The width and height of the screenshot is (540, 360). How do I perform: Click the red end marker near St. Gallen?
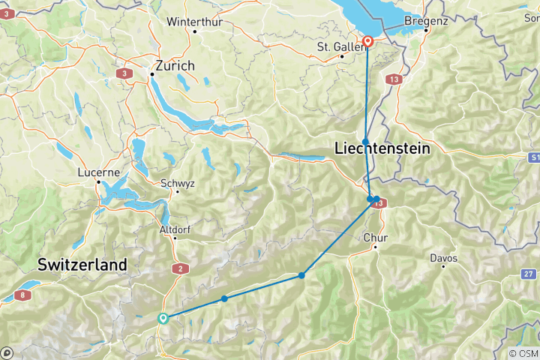pos(367,42)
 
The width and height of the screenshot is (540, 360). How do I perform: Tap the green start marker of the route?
pos(163,318)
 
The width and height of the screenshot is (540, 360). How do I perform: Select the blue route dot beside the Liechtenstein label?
pos(365,142)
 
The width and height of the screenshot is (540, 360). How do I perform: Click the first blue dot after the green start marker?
pos(224,299)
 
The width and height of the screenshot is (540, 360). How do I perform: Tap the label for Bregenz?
pos(426,20)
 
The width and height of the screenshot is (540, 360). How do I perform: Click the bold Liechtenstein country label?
pos(381,149)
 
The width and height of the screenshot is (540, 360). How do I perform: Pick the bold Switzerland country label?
pos(82,265)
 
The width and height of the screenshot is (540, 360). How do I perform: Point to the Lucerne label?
pos(99,171)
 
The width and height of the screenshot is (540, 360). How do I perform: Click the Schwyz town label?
pos(177,182)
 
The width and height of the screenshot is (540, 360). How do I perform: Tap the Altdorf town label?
pos(174,229)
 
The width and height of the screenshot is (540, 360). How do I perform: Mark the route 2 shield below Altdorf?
pos(179,268)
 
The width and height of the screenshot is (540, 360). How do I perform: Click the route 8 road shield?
pos(25,295)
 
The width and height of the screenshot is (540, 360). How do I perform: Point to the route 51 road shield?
pos(533,157)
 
